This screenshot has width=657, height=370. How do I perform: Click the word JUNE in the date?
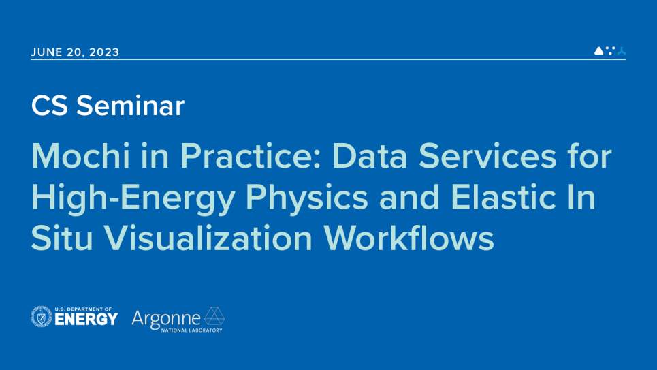click(x=46, y=52)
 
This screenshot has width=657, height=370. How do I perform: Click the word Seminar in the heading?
click(x=129, y=106)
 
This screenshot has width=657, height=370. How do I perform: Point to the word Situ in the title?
click(x=62, y=239)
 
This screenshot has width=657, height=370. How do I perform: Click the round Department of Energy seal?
click(x=41, y=317)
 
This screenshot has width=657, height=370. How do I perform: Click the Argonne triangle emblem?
click(x=214, y=316)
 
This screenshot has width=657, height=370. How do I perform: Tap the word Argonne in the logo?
click(x=166, y=318)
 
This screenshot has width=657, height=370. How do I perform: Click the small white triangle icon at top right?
click(x=598, y=50)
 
